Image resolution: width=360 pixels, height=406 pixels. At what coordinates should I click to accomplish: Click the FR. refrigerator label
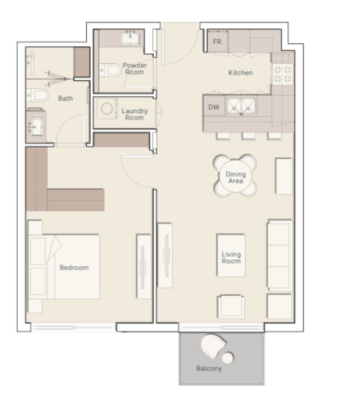(x=218, y=42)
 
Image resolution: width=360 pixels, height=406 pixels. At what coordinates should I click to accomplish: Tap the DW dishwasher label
(x=214, y=107)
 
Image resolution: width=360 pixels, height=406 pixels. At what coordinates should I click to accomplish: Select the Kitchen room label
(x=240, y=73)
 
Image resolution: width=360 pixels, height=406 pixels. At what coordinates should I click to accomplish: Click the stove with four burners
(x=282, y=74)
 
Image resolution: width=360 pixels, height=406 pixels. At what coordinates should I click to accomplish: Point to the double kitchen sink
(x=241, y=106)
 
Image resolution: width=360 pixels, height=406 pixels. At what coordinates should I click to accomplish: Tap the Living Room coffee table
(x=231, y=256)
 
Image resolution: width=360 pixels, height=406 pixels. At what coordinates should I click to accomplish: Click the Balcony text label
(x=209, y=368)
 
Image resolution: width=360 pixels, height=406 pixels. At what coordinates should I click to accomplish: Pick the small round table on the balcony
(x=228, y=357)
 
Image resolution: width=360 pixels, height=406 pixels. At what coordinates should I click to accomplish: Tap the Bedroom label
(x=74, y=268)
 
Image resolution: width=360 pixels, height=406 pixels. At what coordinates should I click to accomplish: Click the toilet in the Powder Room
(x=111, y=70)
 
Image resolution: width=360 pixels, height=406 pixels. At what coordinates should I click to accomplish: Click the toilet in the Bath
(x=38, y=95)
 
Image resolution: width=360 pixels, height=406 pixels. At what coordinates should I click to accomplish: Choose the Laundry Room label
(x=134, y=114)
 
